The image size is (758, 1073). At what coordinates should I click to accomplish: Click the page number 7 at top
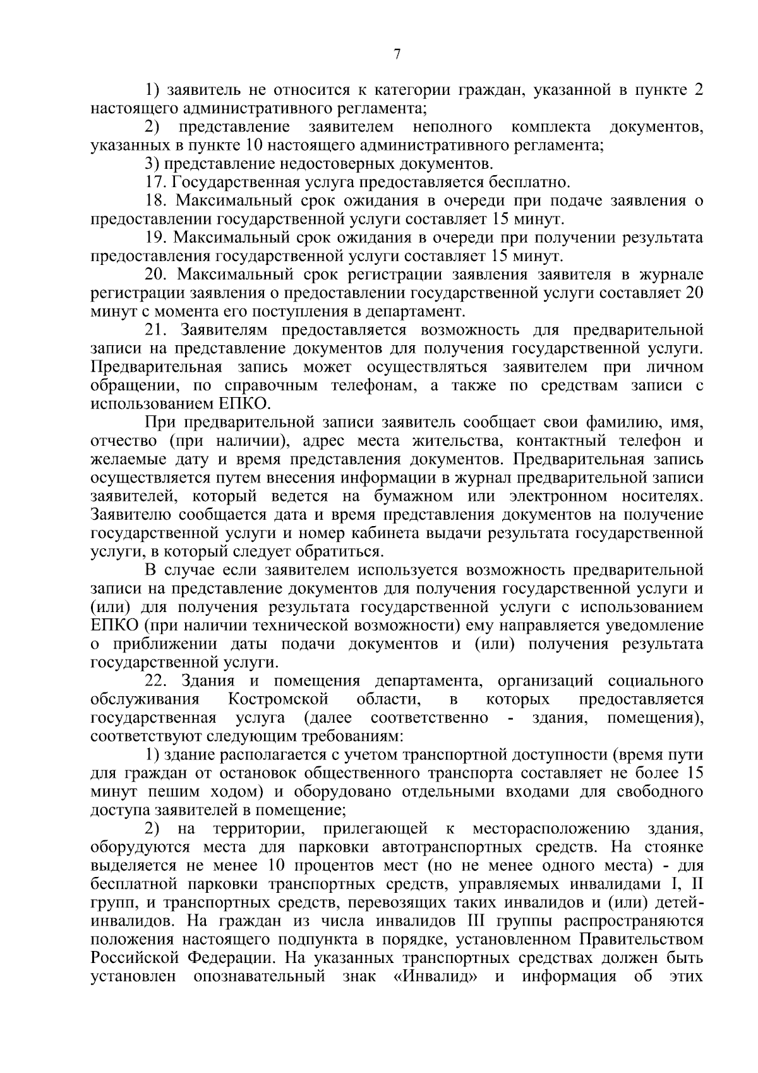point(397,55)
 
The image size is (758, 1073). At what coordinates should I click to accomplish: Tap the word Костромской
point(279,700)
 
